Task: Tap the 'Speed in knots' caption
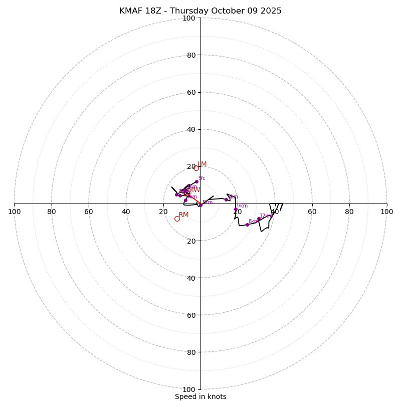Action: tap(200, 396)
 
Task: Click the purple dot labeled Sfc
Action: tap(196, 181)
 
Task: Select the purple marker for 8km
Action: tap(247, 225)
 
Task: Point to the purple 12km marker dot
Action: tap(259, 219)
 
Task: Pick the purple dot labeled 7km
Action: tap(236, 209)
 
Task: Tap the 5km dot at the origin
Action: tap(200, 205)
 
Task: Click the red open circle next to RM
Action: tap(177, 219)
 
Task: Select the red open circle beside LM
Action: tap(196, 168)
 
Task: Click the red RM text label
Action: tap(183, 215)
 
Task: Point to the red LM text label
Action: tap(202, 164)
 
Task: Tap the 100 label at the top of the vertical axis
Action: tap(188, 18)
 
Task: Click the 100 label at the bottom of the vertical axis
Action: tap(188, 389)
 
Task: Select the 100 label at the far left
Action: tap(14, 212)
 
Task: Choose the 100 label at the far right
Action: tap(386, 212)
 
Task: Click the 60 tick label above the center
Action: tap(190, 92)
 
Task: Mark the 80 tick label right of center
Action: tap(349, 212)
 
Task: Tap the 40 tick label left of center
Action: tap(126, 212)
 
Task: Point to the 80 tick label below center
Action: tap(190, 352)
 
